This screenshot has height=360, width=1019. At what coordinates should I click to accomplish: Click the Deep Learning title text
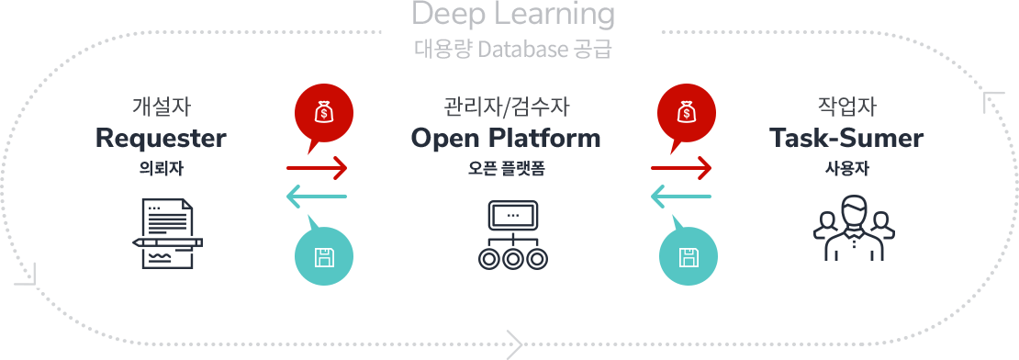click(x=513, y=15)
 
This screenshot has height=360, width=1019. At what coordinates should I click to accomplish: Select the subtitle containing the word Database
click(x=513, y=50)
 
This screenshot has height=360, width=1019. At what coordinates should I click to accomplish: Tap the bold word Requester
click(x=162, y=139)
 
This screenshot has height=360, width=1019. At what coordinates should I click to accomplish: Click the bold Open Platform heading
click(x=506, y=138)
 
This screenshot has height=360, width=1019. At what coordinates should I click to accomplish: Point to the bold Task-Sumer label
click(x=846, y=138)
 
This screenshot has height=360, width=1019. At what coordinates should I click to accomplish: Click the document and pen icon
click(x=168, y=234)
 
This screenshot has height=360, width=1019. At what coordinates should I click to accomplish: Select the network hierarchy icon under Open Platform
click(x=513, y=234)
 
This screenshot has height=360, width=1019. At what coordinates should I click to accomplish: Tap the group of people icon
click(x=854, y=228)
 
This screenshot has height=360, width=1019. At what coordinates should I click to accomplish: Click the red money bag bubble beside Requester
click(x=324, y=116)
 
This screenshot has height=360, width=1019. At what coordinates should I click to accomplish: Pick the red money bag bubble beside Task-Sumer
click(x=687, y=116)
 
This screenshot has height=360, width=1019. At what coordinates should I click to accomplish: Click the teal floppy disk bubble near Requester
click(x=324, y=254)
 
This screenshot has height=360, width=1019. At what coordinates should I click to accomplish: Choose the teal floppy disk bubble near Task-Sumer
click(x=689, y=254)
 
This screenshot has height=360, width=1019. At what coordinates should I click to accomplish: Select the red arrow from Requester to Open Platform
click(x=317, y=168)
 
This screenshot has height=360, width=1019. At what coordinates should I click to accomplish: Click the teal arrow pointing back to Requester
click(x=317, y=197)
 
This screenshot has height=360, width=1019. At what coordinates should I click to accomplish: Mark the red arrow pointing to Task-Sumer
click(x=680, y=168)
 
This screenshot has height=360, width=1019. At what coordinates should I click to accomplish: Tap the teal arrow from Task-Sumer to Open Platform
click(x=680, y=197)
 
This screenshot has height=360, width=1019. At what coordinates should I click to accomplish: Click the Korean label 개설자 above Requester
click(x=162, y=106)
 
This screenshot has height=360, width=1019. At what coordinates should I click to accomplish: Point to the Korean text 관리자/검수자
click(x=506, y=106)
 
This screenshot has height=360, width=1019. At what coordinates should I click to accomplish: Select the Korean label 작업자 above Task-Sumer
click(x=847, y=106)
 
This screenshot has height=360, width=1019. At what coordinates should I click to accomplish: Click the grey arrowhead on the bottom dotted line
click(x=515, y=344)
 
